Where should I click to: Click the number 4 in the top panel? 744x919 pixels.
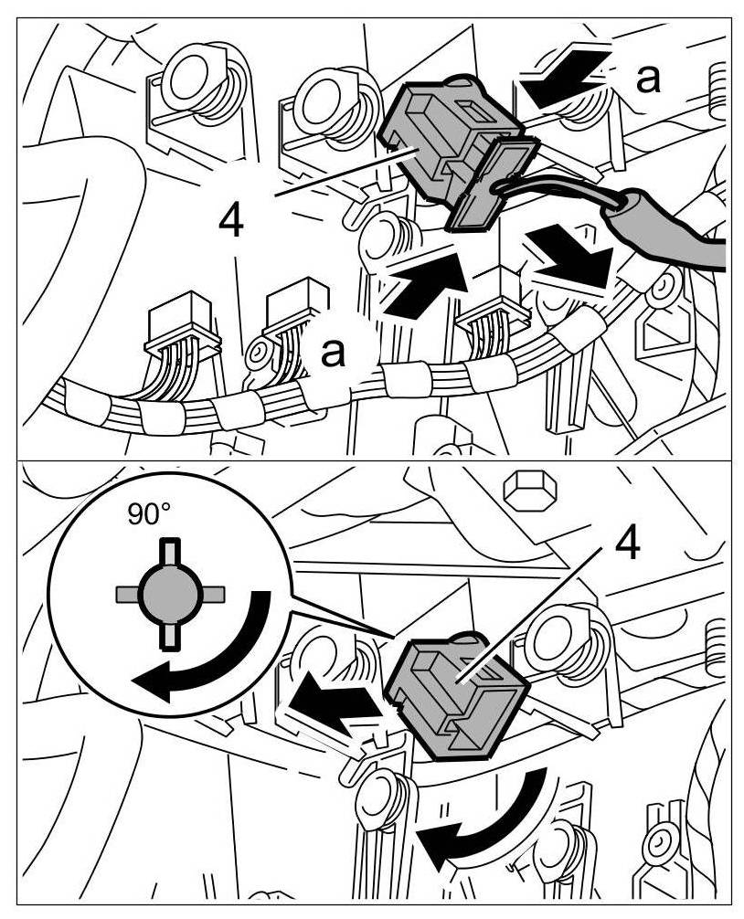pyautogui.click(x=232, y=221)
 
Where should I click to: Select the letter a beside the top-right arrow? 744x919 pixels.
pyautogui.click(x=647, y=78)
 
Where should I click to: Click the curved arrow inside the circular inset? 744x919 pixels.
pyautogui.click(x=208, y=652)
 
